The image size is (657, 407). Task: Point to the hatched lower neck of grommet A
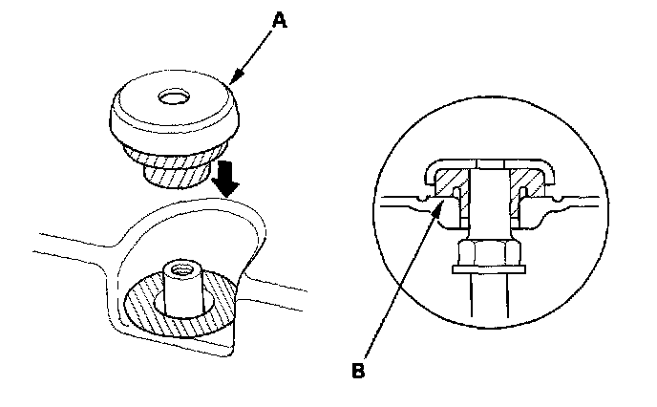[x=178, y=172]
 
